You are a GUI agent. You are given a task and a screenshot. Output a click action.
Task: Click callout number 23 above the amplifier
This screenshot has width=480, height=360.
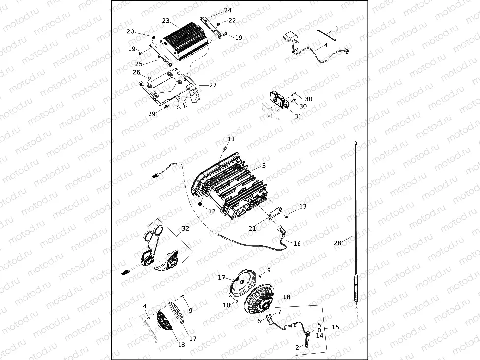tap(166, 21)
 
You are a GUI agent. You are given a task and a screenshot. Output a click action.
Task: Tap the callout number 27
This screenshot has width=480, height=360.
tap(213, 85)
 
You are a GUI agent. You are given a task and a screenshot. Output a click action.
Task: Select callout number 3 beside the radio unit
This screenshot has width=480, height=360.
tap(264, 166)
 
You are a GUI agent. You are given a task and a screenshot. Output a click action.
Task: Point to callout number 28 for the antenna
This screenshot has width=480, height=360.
tap(337, 243)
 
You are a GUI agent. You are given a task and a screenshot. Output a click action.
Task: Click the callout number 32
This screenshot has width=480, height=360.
tap(185, 228)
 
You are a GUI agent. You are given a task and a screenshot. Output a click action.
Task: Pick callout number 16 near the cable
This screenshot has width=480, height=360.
tap(297, 243)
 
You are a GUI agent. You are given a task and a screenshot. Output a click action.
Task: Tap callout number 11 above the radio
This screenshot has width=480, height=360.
tap(231, 139)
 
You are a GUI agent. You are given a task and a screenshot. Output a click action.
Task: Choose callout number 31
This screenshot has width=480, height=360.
tap(298, 116)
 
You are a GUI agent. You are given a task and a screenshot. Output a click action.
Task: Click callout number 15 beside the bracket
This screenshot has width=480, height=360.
tap(335, 327)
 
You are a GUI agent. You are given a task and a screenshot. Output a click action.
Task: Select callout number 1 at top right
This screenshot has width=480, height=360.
tap(337, 29)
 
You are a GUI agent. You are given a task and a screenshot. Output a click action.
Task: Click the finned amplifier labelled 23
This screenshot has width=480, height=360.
tap(186, 41)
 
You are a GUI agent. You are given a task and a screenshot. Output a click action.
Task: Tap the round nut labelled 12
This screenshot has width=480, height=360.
tap(201, 204)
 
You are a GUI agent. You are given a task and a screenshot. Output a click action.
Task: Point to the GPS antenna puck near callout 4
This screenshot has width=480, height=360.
tap(289, 38)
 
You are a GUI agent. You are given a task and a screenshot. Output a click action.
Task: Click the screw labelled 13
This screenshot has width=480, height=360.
tap(286, 217)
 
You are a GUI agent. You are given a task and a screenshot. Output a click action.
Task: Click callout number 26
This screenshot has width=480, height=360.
tap(136, 73)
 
